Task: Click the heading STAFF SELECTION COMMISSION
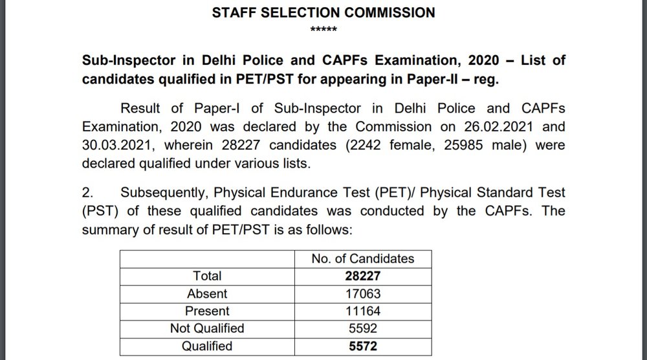(x=323, y=12)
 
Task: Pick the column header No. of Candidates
(x=362, y=258)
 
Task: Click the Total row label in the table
(x=207, y=276)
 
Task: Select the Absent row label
(x=207, y=293)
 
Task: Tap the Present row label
(x=207, y=311)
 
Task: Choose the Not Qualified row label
(x=207, y=328)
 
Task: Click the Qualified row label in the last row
(x=207, y=346)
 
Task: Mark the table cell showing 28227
(x=362, y=276)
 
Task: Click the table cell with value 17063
(x=362, y=293)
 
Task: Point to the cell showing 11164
(x=362, y=311)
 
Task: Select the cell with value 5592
(x=362, y=328)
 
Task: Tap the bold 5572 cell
(x=362, y=346)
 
